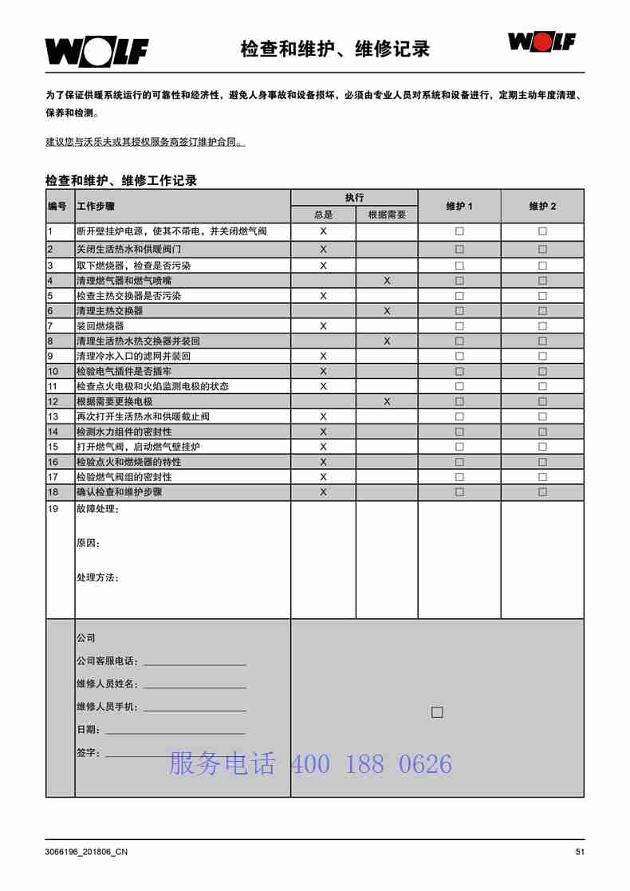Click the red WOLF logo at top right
click(542, 41)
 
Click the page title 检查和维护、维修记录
click(335, 49)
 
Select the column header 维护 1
click(459, 207)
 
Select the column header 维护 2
click(542, 207)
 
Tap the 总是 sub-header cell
click(323, 215)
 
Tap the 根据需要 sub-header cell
click(387, 215)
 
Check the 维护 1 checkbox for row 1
click(459, 231)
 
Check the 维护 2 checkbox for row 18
click(542, 492)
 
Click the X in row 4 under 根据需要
click(387, 281)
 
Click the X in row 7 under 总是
click(323, 326)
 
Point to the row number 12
click(53, 401)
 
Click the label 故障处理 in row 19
click(96, 509)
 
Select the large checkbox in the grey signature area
click(437, 712)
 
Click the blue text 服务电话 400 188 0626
click(310, 764)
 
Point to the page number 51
click(580, 852)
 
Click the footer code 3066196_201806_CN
click(86, 852)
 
